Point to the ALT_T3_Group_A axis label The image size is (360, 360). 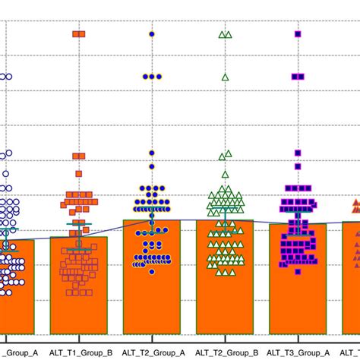point(298,352)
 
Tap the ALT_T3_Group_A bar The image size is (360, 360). point(298,300)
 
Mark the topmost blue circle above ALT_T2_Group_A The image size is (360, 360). point(152,34)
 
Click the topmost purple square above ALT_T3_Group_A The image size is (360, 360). point(298,34)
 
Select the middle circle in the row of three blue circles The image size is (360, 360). point(152,76)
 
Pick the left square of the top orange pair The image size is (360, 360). point(75,34)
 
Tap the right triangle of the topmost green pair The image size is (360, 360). point(229,34)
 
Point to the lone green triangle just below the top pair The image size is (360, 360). point(225,77)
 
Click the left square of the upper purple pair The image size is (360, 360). point(294,77)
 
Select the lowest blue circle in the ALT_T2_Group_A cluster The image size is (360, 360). point(152,271)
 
